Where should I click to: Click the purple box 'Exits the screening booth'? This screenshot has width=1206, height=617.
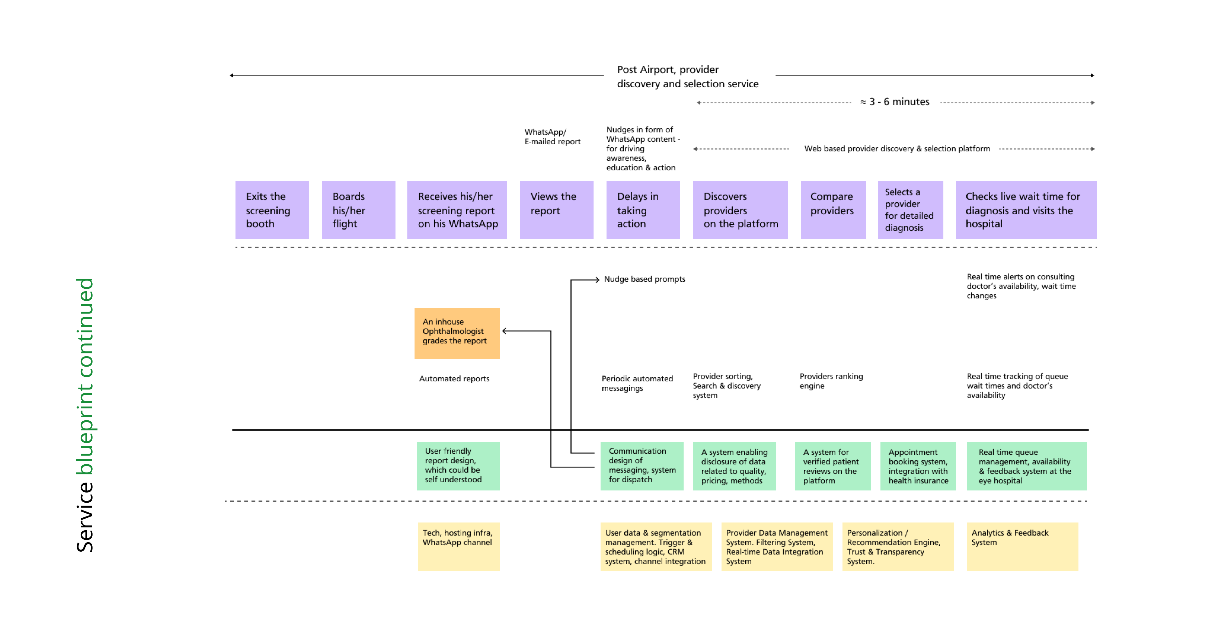coord(272,210)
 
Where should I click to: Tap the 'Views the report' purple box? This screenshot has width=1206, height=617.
coord(557,210)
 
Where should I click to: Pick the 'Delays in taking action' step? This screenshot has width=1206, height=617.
coord(643,210)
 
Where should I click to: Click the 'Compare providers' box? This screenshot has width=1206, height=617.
coord(833,210)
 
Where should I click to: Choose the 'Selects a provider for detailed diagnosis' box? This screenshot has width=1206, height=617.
coord(910,210)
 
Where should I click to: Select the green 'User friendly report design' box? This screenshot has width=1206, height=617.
coord(458,466)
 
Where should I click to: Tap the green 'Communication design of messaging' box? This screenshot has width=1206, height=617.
coord(642,466)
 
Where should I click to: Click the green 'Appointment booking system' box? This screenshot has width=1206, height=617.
coord(918,466)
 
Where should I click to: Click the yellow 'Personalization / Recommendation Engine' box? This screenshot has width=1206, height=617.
coord(898,546)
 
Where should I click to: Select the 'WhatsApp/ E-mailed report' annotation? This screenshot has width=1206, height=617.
coord(552,137)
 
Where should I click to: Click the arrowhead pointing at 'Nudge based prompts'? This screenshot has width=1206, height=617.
coord(597,280)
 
